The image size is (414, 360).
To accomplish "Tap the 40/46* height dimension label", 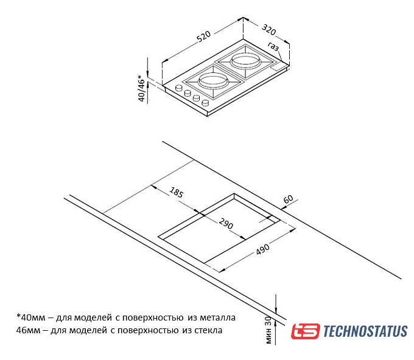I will click(x=142, y=89).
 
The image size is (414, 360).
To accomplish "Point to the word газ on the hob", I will click(x=273, y=47).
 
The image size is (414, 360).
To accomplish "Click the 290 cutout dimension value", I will click(x=226, y=224).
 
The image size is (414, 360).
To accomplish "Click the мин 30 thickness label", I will click(x=268, y=331).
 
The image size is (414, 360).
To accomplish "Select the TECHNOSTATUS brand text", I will click(x=365, y=331).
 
